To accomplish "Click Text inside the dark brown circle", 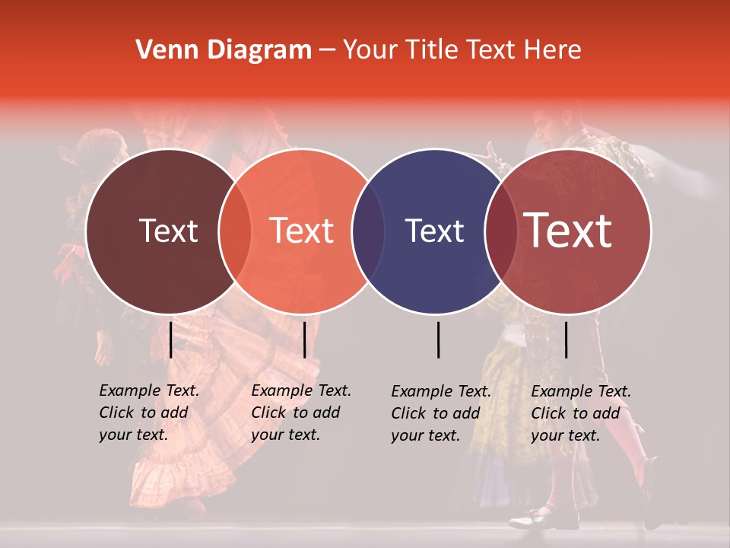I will point(168,231).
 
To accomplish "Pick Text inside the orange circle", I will point(302,231).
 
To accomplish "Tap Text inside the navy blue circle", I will point(434,231).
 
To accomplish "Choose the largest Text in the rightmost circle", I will point(568,231).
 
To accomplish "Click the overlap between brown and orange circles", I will point(235,231).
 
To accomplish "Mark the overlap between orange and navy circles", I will point(368,231).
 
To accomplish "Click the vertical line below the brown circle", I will point(171,339).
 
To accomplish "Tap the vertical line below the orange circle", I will point(304,339).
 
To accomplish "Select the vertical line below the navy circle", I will point(439,339).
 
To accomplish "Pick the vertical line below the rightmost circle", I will point(567,339).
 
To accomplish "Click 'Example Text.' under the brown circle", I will point(149,390).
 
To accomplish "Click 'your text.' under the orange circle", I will point(285,435).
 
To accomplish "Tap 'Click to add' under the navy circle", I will point(436,413).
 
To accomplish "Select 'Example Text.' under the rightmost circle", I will point(581,391).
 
